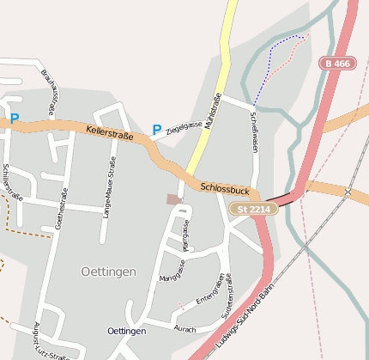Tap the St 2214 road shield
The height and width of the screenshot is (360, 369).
(252, 209)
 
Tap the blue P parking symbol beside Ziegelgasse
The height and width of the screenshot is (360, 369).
(156, 130)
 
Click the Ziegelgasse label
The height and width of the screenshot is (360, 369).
(184, 125)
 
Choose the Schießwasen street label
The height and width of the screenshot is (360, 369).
(254, 132)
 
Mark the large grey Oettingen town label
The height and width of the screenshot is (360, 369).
(108, 271)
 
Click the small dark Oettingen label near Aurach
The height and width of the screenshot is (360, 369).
(127, 331)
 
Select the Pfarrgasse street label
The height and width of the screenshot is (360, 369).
(184, 234)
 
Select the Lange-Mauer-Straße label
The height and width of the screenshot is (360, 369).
(109, 187)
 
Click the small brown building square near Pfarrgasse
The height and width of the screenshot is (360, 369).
(174, 199)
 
